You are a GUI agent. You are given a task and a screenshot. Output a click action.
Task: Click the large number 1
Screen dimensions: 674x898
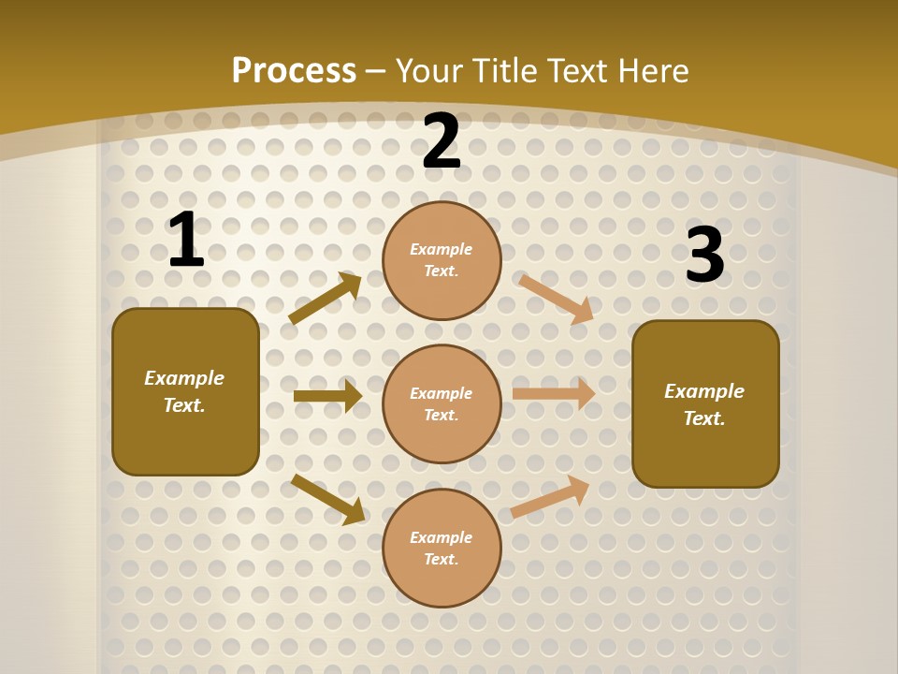click(185, 241)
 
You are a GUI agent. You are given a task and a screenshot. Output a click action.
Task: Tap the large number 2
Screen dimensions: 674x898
click(442, 142)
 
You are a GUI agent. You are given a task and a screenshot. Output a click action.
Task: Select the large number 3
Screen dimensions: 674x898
click(704, 256)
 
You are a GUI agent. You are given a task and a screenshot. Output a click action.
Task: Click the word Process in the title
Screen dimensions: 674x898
click(294, 70)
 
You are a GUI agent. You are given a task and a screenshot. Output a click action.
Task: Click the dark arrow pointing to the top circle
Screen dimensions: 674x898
click(326, 299)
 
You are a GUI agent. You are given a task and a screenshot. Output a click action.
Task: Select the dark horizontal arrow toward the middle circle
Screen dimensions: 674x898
click(327, 396)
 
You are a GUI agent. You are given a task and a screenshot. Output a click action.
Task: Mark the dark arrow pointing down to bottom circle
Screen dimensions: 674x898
click(328, 499)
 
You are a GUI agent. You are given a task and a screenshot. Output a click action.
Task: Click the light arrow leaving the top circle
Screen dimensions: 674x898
click(557, 299)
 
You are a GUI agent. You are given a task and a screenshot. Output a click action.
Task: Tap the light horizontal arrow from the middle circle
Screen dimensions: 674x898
click(554, 393)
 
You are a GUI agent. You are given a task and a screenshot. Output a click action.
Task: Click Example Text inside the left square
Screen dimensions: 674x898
click(184, 391)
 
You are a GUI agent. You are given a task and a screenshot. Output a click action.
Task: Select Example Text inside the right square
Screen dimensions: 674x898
click(704, 404)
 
